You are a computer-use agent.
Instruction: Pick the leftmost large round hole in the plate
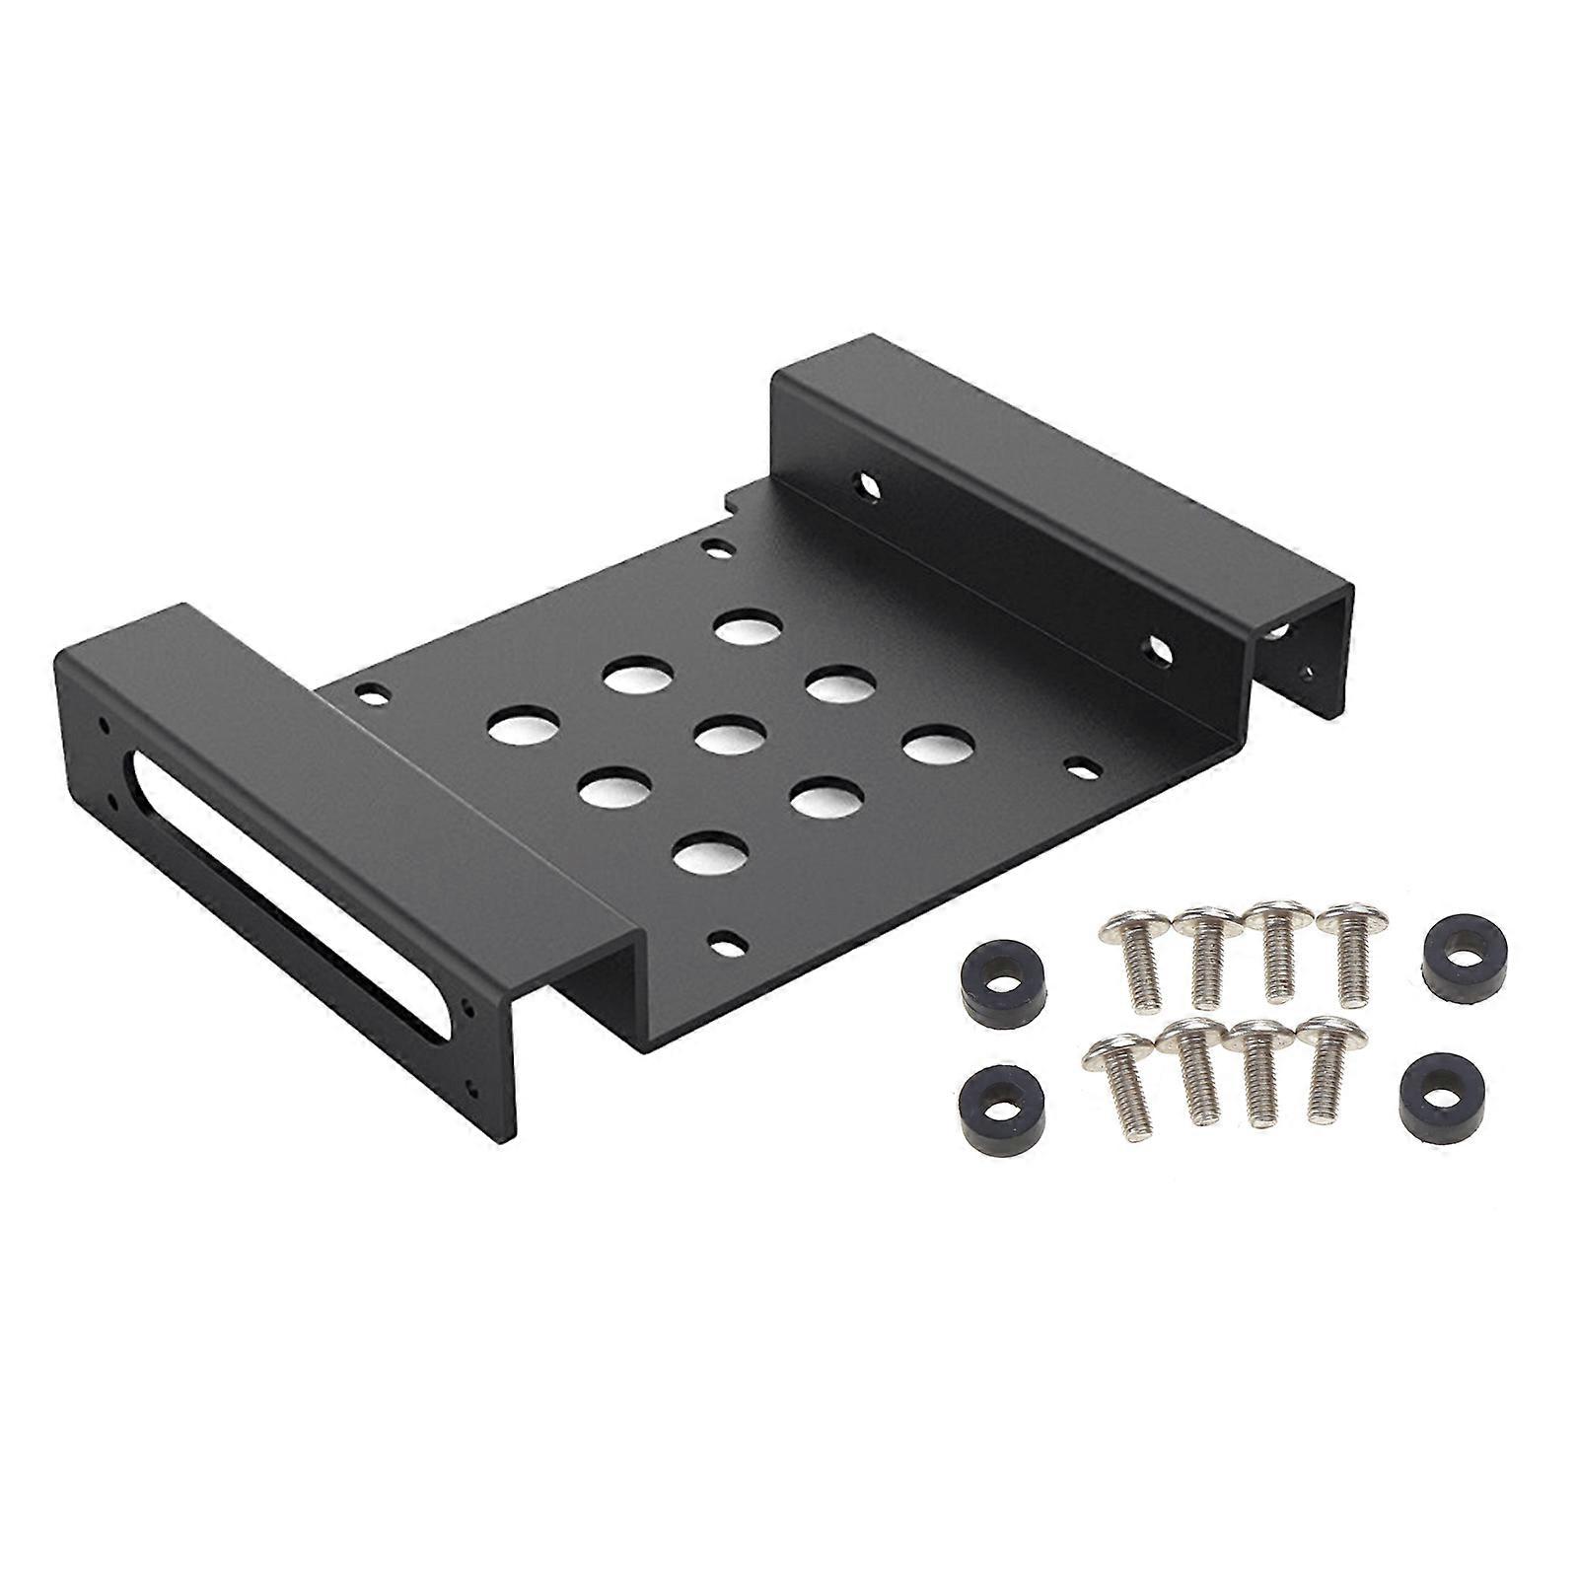[x=521, y=730]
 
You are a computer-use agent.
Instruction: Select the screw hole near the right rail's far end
[x=867, y=484]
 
